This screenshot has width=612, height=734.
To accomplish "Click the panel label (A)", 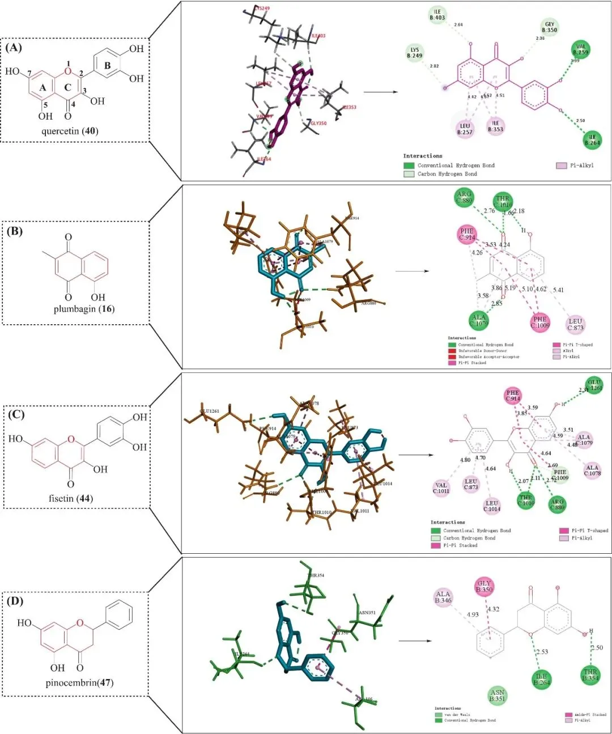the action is click(14, 48).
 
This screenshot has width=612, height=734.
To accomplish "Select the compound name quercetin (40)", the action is click(70, 131).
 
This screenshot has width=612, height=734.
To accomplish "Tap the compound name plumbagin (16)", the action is click(84, 309).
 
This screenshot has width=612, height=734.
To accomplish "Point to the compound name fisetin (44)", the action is click(71, 498).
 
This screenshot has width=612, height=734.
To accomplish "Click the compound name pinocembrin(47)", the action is click(79, 682).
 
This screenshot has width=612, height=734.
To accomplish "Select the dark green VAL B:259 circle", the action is click(581, 49).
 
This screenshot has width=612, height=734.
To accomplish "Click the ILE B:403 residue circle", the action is click(437, 15).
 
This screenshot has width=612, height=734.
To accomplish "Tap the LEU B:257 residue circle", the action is click(465, 129).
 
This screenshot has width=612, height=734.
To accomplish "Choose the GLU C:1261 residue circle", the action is click(594, 385).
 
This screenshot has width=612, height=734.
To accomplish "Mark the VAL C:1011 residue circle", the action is click(441, 488).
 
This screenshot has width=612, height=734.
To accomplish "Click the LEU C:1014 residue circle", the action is click(492, 506).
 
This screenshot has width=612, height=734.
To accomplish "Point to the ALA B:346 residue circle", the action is click(443, 597).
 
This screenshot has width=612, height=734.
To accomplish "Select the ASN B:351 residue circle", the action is click(497, 695).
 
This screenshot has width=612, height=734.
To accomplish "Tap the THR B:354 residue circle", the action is click(590, 675).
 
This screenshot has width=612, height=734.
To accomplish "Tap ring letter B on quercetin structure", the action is click(107, 66).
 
